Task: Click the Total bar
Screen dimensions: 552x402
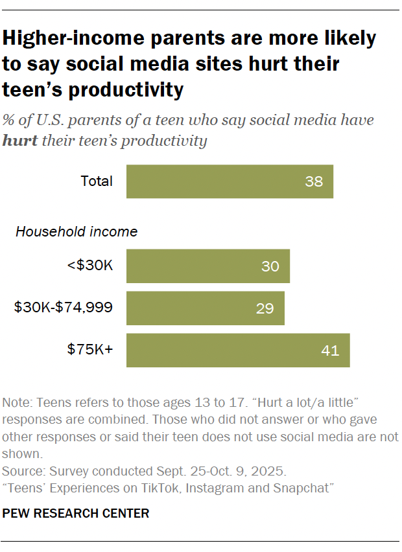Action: tap(230, 181)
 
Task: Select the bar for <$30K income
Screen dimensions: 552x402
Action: tap(207, 266)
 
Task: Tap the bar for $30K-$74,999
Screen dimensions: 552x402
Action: tap(205, 308)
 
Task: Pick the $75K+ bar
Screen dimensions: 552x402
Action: tap(238, 351)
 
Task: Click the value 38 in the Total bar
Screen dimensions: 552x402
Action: tap(314, 181)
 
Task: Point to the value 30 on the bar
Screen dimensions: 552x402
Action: tap(270, 266)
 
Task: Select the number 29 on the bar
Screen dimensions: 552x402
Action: tap(265, 308)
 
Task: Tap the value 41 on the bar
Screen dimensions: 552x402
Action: tap(330, 351)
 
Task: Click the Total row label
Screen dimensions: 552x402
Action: tap(97, 181)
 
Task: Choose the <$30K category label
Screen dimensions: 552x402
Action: tap(91, 266)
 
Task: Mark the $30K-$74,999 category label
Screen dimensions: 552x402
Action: tap(64, 308)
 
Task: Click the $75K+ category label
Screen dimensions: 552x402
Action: tap(90, 351)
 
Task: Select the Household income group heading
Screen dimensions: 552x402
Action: tap(77, 231)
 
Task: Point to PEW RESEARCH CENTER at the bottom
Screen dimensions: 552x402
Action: tap(76, 514)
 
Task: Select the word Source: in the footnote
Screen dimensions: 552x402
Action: tap(23, 470)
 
